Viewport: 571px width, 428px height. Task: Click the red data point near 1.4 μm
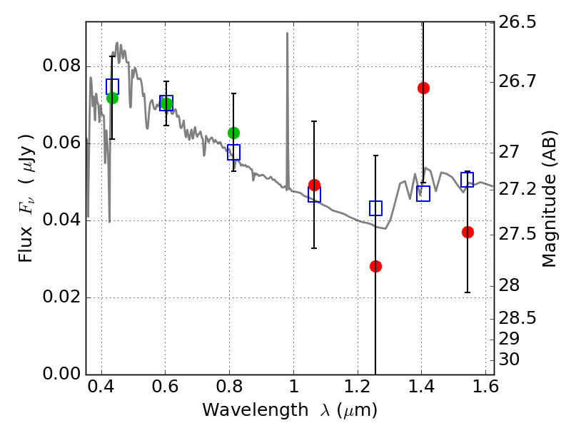click(423, 88)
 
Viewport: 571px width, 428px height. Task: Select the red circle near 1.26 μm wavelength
click(375, 266)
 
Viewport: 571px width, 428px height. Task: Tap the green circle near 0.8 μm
click(233, 133)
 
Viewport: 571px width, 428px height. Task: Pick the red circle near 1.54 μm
click(468, 232)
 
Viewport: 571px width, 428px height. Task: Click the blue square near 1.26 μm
click(375, 208)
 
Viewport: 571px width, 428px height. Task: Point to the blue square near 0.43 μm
click(112, 86)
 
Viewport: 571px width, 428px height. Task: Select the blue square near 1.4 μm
click(423, 193)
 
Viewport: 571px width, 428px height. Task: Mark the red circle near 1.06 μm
click(314, 185)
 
